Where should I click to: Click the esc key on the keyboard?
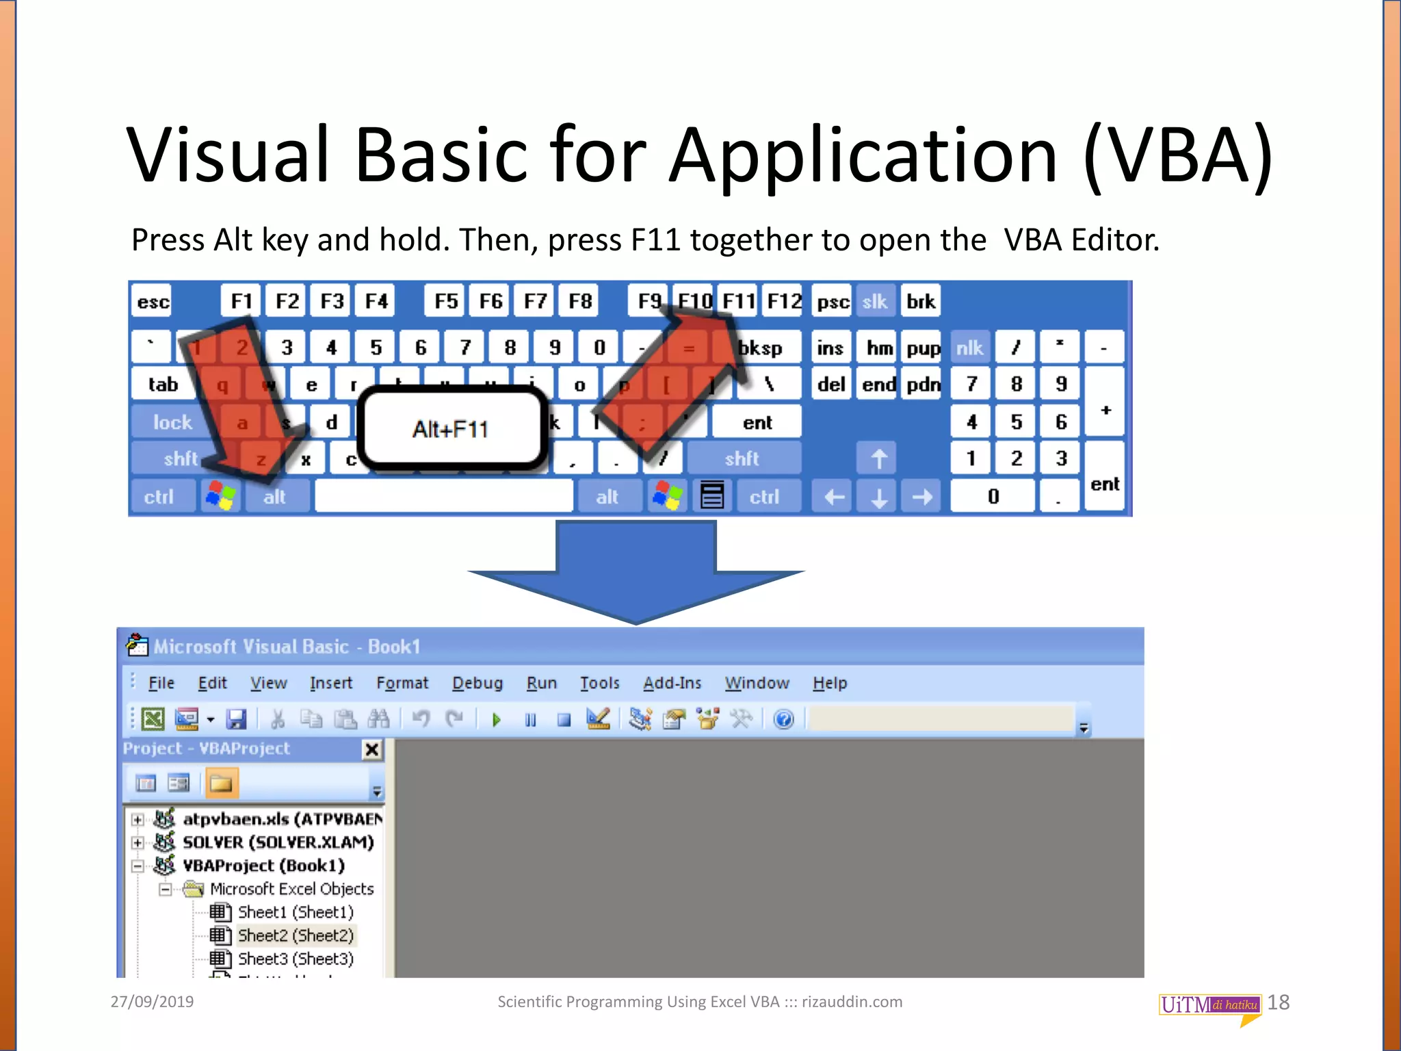coord(152,302)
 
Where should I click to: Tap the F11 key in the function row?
coord(738,301)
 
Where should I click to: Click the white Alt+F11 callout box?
coord(451,429)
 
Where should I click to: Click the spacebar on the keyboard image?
coord(443,496)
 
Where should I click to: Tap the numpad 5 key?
coord(1016,421)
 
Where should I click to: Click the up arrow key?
coord(879,458)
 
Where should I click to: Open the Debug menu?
coord(477,683)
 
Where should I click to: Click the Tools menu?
coord(599,683)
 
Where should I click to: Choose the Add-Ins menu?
coord(672,683)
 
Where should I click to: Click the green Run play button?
coord(497,719)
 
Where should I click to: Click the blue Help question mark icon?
coord(784,719)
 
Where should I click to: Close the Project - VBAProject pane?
coord(371,750)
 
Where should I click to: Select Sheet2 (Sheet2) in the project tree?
coord(295,935)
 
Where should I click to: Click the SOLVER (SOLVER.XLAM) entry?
coord(278,842)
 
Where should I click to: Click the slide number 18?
coord(1278,1002)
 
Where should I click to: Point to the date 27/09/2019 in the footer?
coord(152,1002)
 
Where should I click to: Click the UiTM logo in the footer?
coord(1209,1005)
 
